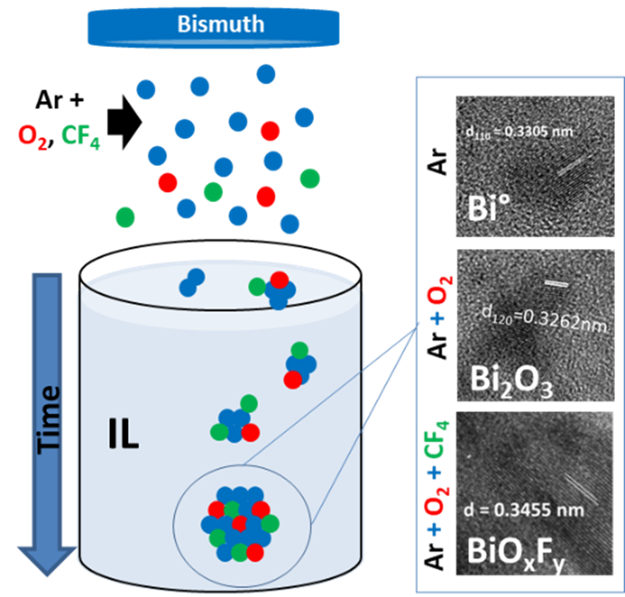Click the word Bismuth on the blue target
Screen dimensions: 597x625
coord(220,25)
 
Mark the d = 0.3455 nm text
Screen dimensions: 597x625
coord(523,509)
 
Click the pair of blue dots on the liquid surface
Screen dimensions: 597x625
coord(191,282)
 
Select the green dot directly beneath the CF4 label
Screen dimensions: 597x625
coord(125,217)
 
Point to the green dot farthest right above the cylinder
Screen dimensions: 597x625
coord(310,178)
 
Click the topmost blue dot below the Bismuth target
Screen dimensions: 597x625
coord(266,74)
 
